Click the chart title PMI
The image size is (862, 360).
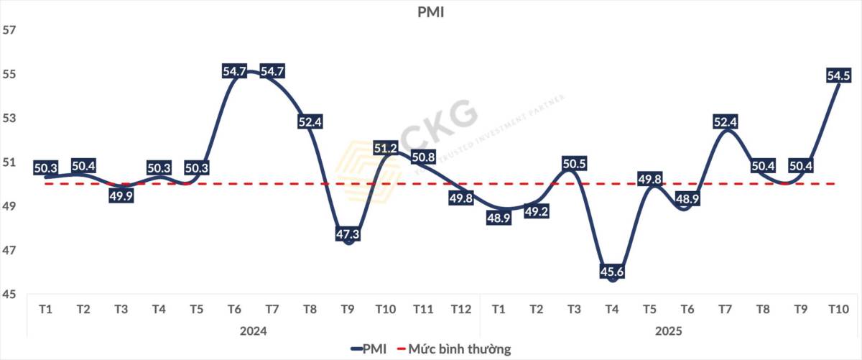point(431,12)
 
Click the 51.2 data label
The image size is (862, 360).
point(386,149)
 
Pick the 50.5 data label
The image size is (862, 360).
point(574,164)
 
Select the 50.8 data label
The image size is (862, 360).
point(424,157)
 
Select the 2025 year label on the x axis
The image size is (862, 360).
point(668,331)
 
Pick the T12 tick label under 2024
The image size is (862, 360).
point(460,310)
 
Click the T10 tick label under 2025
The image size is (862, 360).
point(837,310)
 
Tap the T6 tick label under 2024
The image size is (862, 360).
point(234,310)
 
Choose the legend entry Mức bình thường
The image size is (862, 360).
point(460,349)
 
